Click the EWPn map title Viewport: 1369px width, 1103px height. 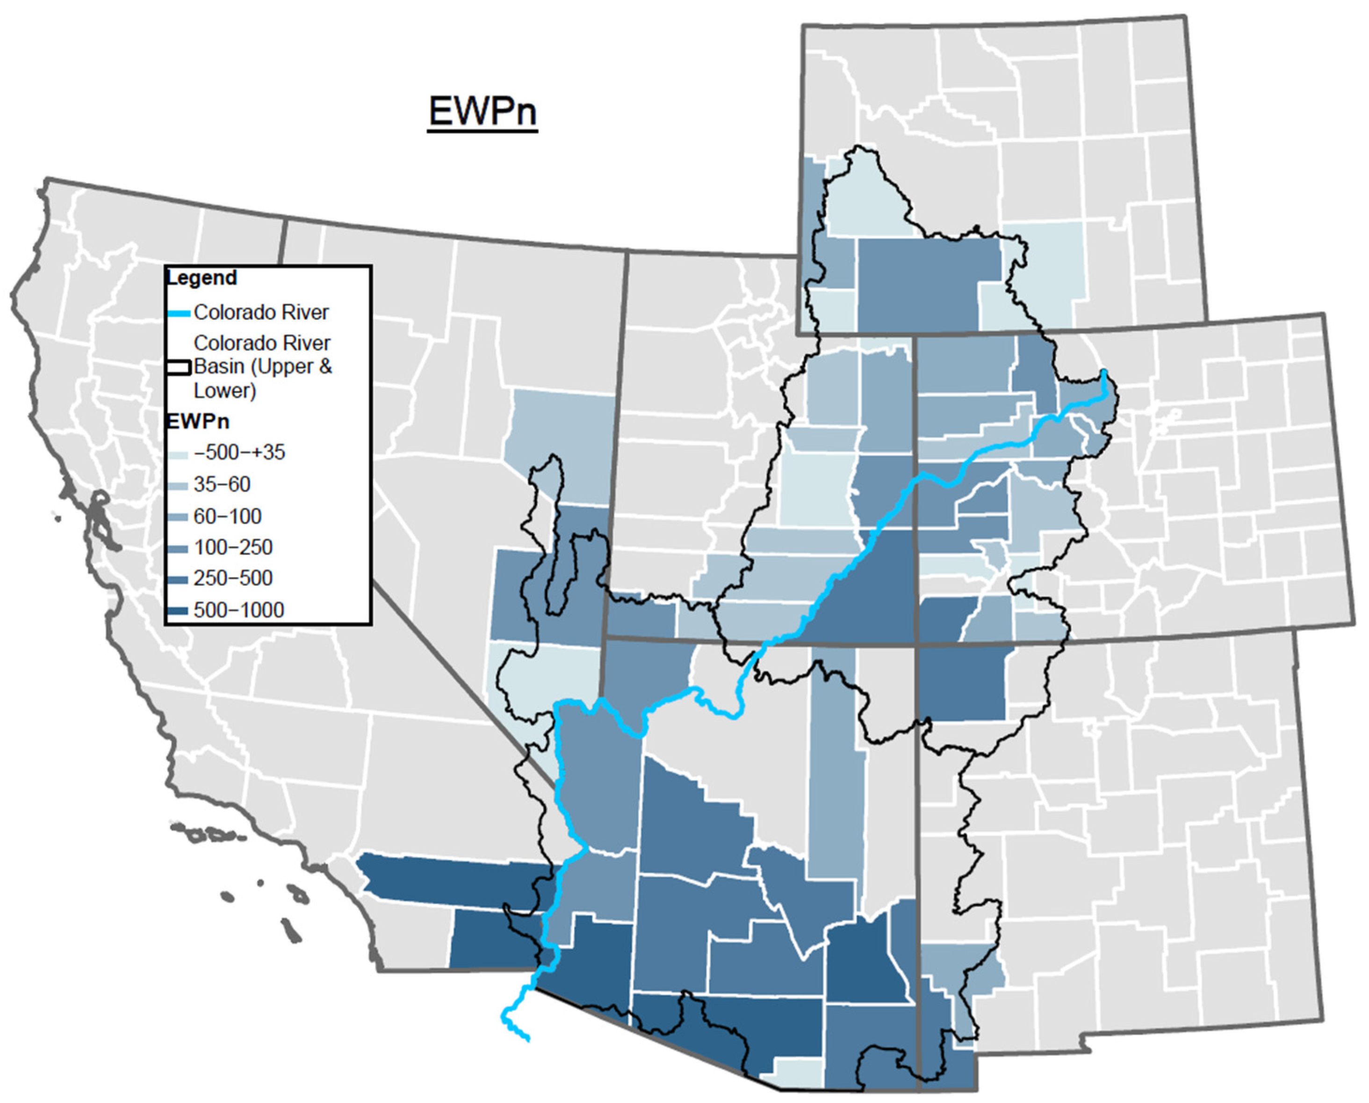tap(483, 112)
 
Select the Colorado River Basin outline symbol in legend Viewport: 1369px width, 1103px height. tap(179, 367)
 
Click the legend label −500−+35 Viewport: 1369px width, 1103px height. tap(239, 453)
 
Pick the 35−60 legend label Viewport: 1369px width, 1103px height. tap(222, 484)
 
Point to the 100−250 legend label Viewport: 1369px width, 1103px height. tap(233, 547)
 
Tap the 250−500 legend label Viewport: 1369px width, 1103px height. tap(233, 578)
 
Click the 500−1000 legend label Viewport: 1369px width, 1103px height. tap(239, 610)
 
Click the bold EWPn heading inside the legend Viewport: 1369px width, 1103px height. tap(197, 422)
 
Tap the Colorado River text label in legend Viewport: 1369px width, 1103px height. tap(261, 313)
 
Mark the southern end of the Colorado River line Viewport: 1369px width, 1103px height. tap(527, 1039)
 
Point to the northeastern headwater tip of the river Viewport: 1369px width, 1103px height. tap(1104, 372)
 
